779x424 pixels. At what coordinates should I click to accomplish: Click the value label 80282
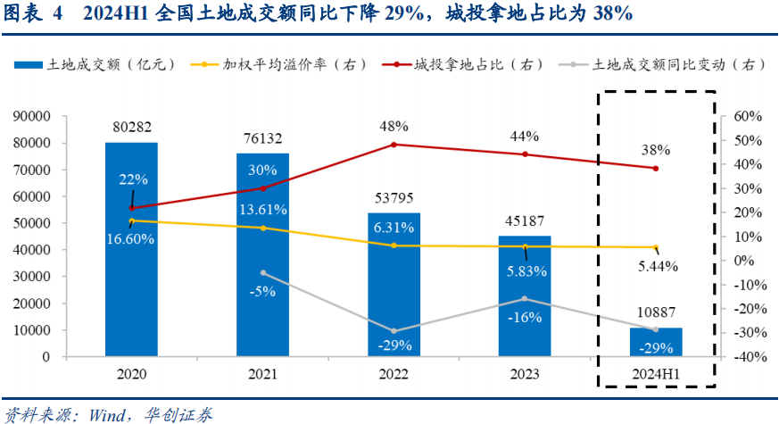[131, 126]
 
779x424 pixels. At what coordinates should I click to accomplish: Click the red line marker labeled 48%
[394, 145]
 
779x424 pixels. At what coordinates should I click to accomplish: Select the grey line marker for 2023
[525, 299]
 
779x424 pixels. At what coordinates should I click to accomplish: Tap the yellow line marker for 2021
[262, 229]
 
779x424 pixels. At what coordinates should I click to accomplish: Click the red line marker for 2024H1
[656, 169]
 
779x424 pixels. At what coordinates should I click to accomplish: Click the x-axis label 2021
[262, 375]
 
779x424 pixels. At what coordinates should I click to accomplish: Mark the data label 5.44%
[657, 266]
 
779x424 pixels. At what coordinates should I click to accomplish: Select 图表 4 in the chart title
[35, 12]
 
